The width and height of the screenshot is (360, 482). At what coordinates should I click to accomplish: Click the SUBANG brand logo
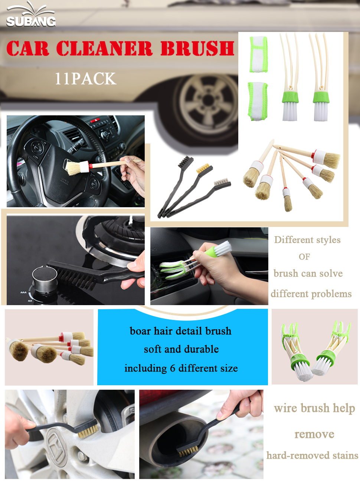[31, 17]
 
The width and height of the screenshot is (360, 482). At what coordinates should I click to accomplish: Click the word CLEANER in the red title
[104, 49]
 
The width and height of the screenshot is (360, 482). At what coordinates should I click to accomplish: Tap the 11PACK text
[85, 79]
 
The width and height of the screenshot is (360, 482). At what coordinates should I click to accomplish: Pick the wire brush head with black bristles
[184, 162]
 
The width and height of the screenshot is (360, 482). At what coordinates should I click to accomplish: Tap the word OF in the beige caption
[304, 257]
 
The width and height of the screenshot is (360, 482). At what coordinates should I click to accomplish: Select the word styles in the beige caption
[326, 240]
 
